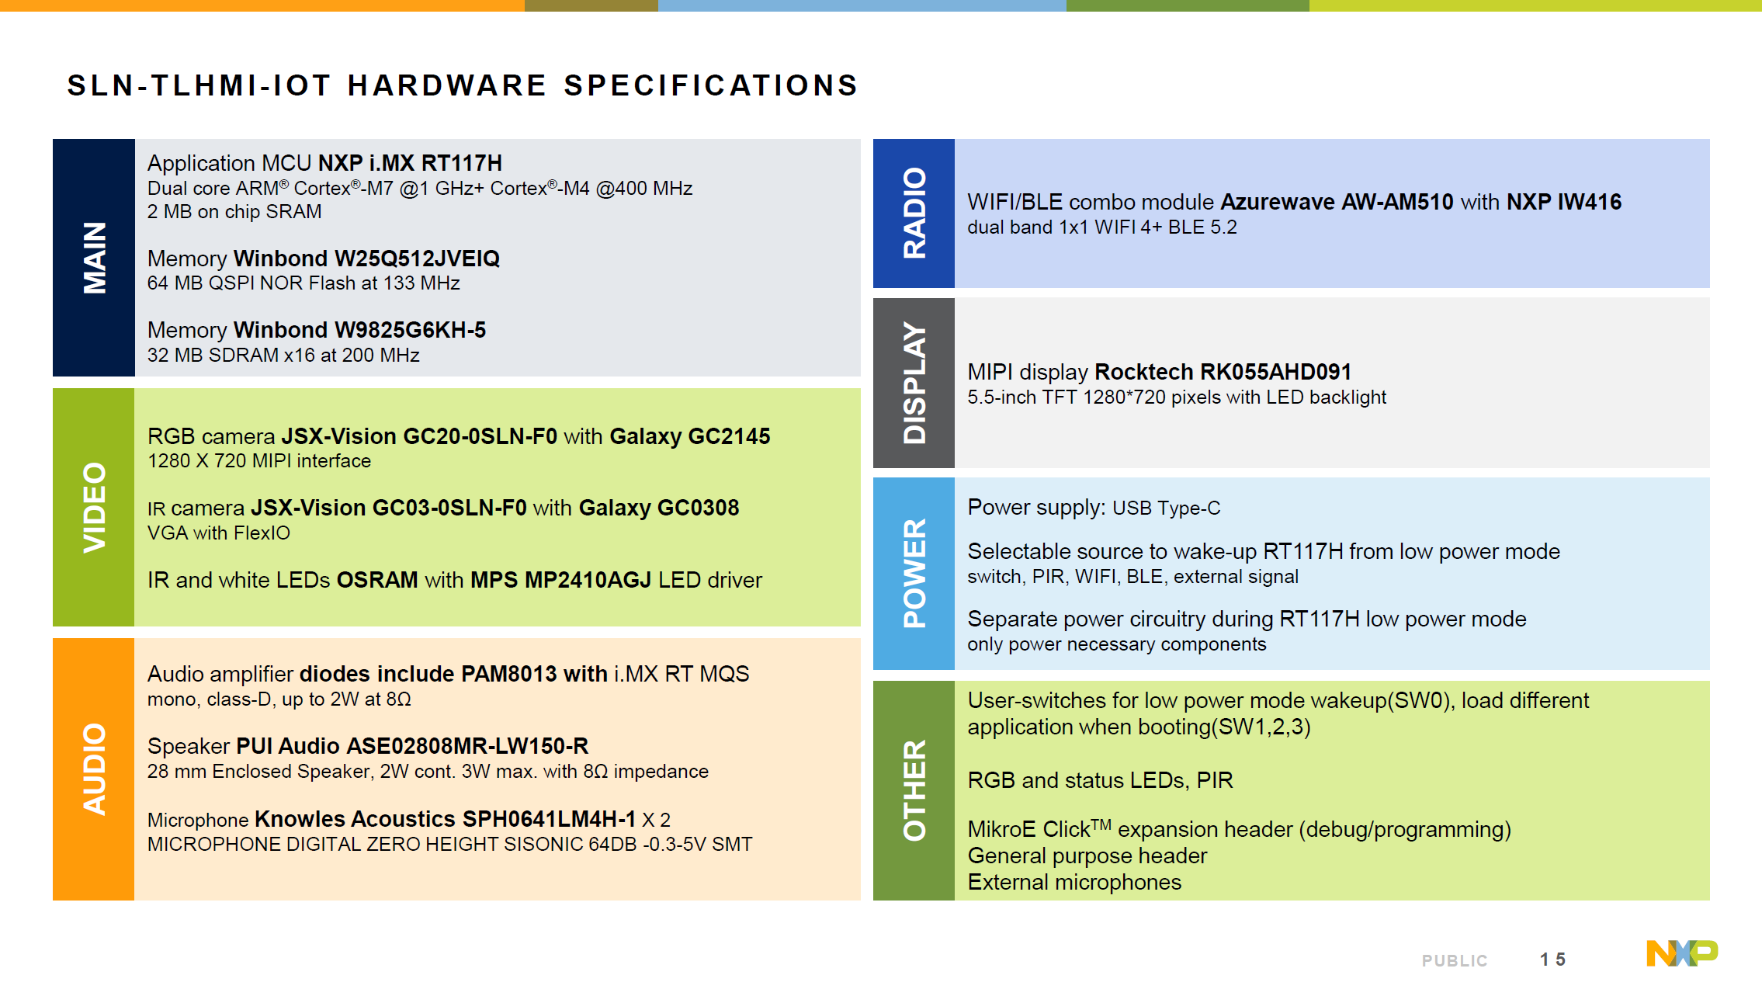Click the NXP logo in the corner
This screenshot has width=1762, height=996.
[x=1681, y=953]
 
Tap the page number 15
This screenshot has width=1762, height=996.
[x=1552, y=960]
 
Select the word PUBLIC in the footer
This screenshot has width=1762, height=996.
[x=1454, y=961]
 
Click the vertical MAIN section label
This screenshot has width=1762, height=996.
[x=94, y=258]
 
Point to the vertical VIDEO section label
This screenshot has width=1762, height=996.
[x=94, y=507]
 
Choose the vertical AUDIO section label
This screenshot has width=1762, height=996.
[x=94, y=769]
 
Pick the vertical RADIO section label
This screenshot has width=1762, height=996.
[x=914, y=213]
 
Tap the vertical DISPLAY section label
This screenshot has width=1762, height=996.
[x=914, y=383]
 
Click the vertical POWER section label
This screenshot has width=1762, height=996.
[x=914, y=573]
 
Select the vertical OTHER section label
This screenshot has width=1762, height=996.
[x=914, y=790]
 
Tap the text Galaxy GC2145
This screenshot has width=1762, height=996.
[x=689, y=436]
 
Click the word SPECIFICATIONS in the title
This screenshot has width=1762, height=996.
[x=710, y=85]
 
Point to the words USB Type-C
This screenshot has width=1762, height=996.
[x=1166, y=508]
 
